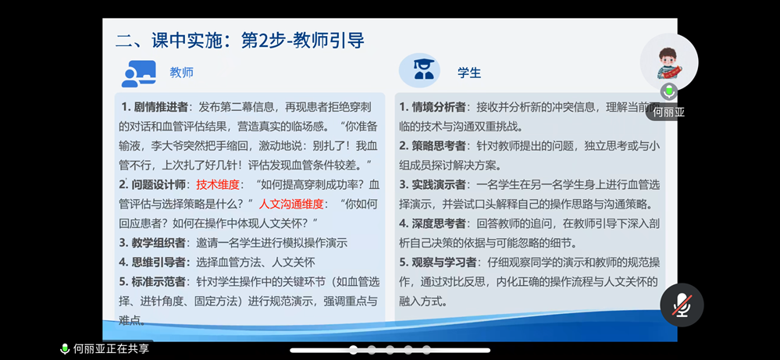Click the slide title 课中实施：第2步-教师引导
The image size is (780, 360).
(240, 40)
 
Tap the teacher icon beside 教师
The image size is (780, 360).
(139, 73)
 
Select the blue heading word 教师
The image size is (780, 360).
(181, 73)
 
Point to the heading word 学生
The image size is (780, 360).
(469, 73)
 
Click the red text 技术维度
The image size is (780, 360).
(218, 185)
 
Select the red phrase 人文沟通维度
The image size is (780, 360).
(290, 204)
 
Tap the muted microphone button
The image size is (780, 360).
(682, 305)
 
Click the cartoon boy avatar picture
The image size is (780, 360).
(669, 62)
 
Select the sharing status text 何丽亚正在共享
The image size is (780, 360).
(112, 349)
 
